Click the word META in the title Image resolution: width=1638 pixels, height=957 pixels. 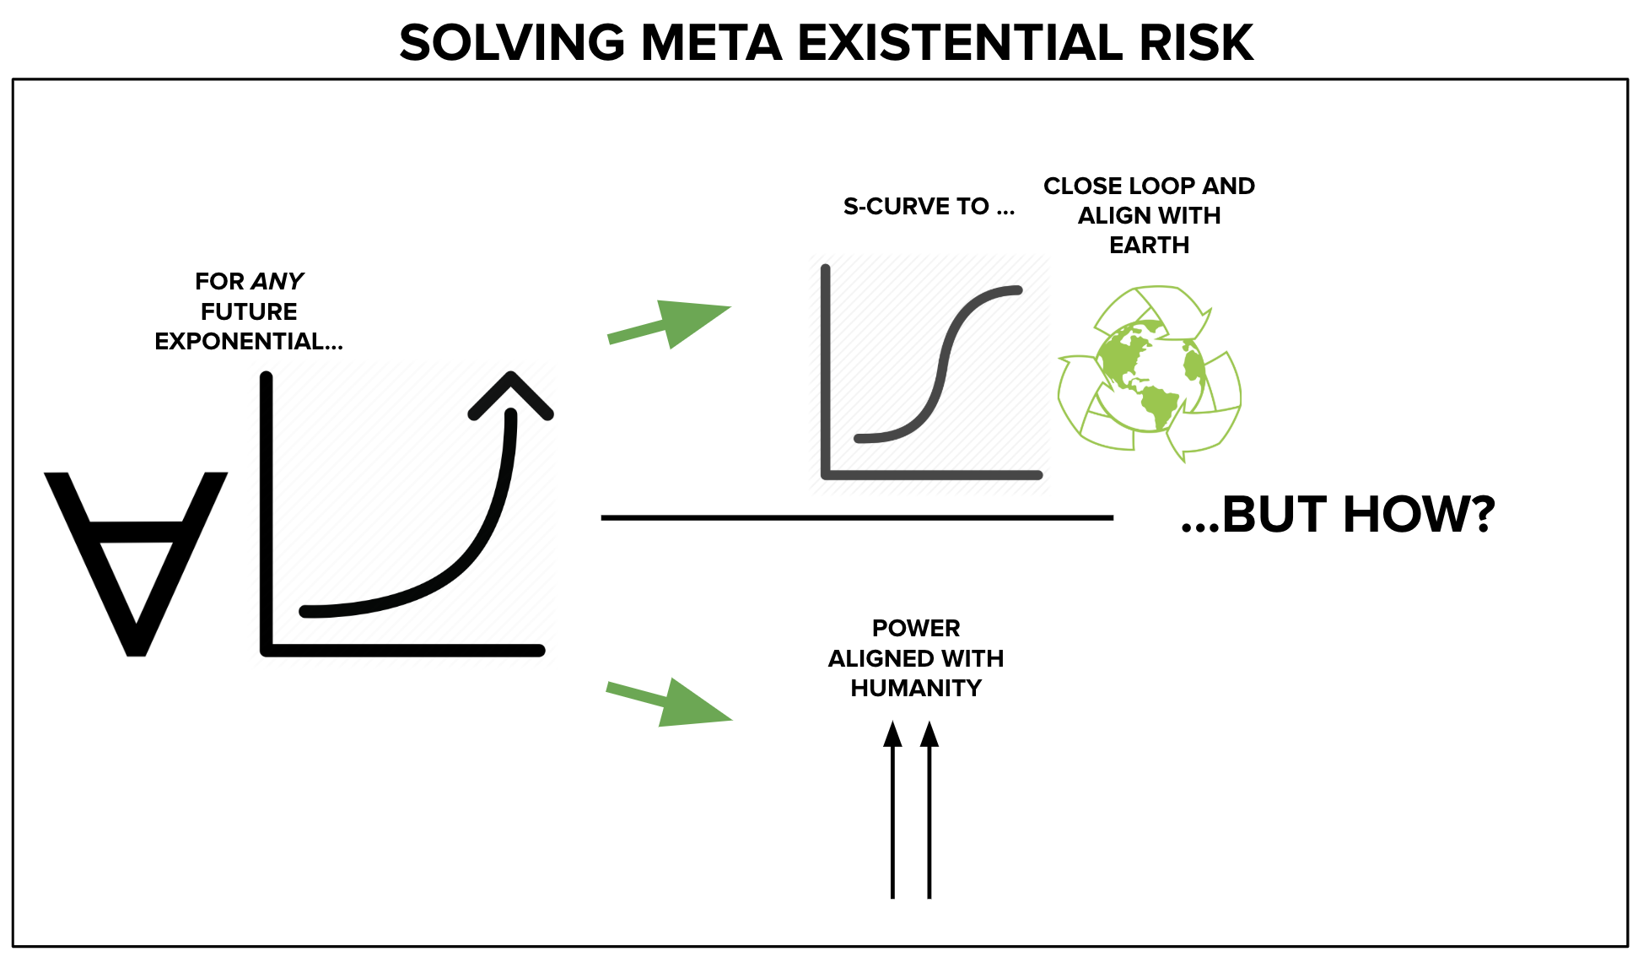712,43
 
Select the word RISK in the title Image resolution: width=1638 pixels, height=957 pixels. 1197,43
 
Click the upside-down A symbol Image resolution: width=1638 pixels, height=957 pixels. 136,564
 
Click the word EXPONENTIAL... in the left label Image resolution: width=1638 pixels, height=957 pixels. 249,341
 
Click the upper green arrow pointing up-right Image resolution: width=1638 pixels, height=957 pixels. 669,323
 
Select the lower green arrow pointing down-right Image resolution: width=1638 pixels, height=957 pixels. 669,702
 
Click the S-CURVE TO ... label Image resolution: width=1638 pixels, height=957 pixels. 929,206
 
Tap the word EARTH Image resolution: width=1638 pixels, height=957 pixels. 1149,245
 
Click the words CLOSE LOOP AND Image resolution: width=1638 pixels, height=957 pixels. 1149,186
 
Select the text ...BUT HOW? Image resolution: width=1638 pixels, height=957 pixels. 1338,514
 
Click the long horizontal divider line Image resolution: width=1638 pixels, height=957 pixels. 857,517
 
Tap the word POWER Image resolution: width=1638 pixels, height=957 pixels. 916,628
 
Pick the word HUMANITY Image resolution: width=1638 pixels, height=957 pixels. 916,688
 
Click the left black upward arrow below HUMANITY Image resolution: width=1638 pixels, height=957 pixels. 892,810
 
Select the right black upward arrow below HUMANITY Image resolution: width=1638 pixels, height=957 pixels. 929,810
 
